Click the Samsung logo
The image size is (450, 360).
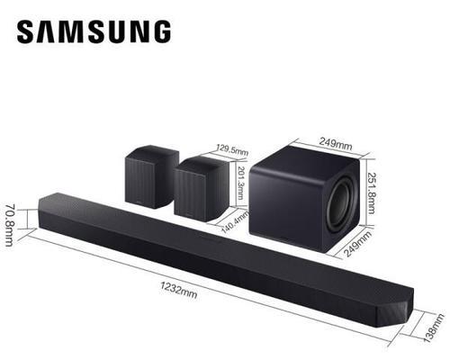(x=94, y=31)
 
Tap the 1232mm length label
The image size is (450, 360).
(x=178, y=291)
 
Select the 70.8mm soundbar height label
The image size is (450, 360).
(x=10, y=225)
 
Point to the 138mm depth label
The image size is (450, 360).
(x=434, y=328)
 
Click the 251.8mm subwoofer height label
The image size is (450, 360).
(x=372, y=193)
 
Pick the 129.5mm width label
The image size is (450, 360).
(x=232, y=149)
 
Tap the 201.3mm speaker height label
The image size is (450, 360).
(x=241, y=183)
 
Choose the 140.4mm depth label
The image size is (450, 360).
(x=235, y=221)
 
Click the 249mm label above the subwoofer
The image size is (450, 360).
(x=336, y=143)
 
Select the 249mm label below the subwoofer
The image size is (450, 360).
(x=357, y=244)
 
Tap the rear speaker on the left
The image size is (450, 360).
(x=151, y=176)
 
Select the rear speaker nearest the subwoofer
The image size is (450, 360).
(x=202, y=188)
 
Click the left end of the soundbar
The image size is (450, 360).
(x=48, y=211)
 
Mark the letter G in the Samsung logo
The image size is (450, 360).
(x=160, y=31)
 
